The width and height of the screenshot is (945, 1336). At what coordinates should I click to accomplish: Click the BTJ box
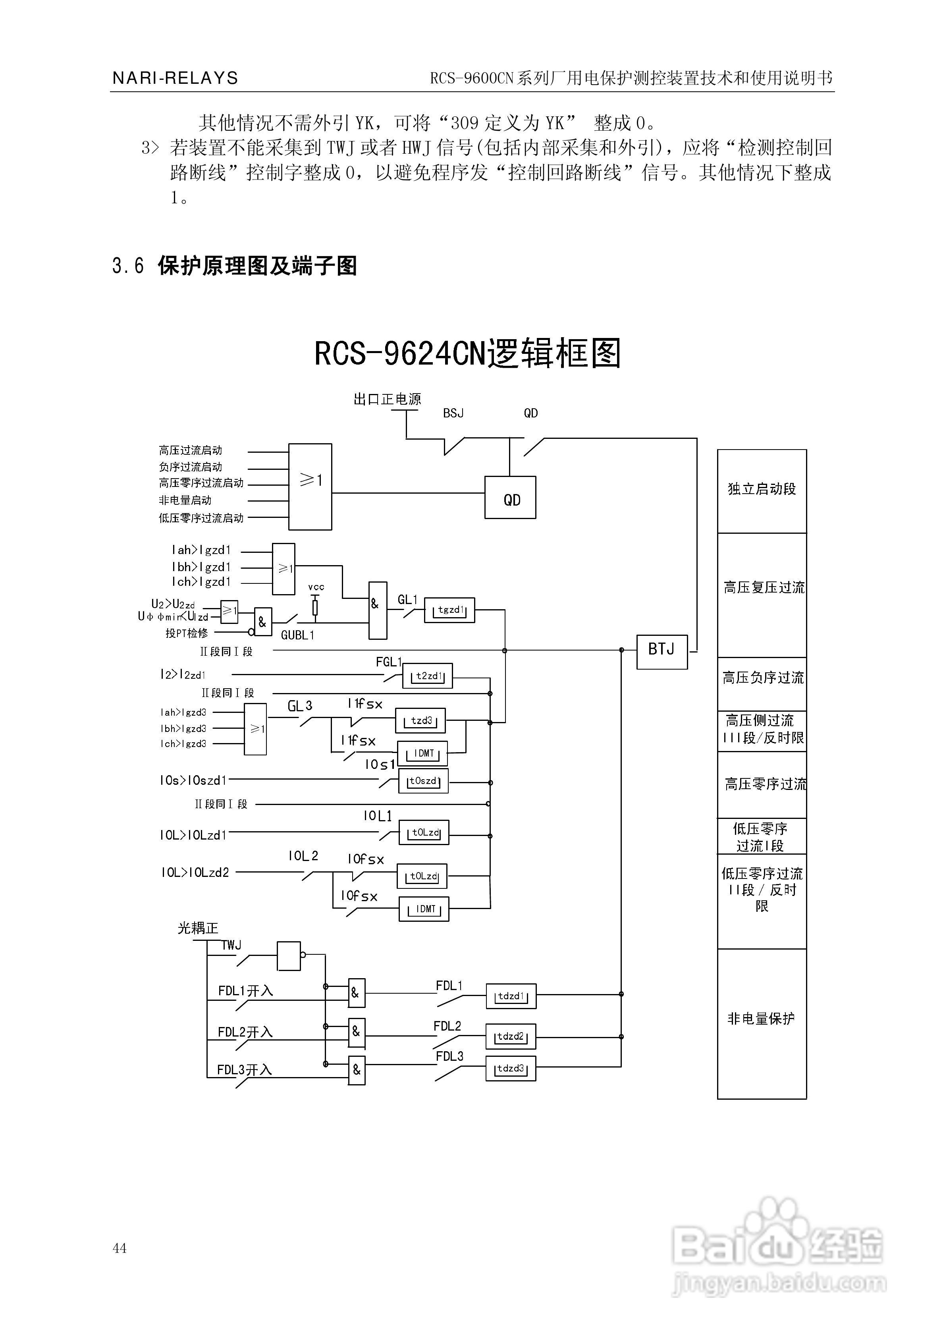(661, 652)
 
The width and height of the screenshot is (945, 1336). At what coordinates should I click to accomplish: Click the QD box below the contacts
(510, 498)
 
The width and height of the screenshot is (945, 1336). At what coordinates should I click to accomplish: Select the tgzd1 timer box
(449, 610)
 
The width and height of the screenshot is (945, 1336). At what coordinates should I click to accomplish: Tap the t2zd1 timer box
(428, 676)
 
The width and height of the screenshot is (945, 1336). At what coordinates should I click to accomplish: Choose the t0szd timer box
(423, 782)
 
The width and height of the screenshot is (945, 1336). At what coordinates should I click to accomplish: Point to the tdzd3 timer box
(510, 1069)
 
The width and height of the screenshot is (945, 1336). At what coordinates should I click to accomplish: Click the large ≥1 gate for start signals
(310, 487)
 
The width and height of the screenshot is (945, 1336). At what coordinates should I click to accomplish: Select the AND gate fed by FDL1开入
(356, 993)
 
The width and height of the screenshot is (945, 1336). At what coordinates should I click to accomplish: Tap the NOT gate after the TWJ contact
(289, 956)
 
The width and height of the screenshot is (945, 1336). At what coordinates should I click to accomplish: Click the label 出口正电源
(387, 399)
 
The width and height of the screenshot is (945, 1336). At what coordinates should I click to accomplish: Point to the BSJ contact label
(453, 413)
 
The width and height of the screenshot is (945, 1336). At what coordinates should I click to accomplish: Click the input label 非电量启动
(185, 500)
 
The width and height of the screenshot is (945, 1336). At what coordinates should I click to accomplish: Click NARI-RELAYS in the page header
(175, 78)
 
